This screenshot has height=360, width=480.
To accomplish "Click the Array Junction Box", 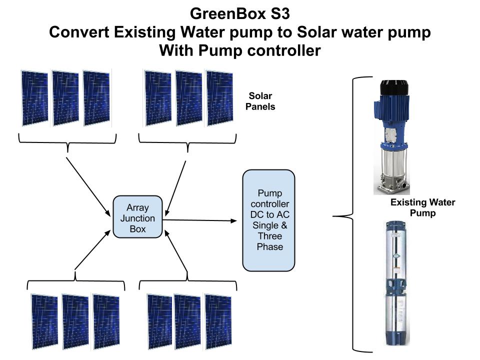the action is pyautogui.click(x=137, y=216).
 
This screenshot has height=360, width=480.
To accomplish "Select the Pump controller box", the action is pyautogui.click(x=269, y=220).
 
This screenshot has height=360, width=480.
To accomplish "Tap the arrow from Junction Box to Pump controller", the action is pyautogui.click(x=199, y=220).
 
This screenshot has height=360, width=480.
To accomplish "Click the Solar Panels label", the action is pyautogui.click(x=260, y=101).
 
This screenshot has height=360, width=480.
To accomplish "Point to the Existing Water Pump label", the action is pyautogui.click(x=423, y=207).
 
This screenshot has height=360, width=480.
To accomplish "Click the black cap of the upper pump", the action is pyautogui.click(x=394, y=88).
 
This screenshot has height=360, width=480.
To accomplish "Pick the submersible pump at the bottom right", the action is pyautogui.click(x=396, y=283).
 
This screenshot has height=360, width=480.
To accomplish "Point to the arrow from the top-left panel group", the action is pyautogui.click(x=88, y=186).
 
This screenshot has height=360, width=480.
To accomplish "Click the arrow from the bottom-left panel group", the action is pyautogui.click(x=92, y=250).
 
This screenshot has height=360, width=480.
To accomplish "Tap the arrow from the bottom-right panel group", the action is pyautogui.click(x=176, y=250).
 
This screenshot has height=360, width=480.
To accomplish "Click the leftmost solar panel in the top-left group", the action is pyautogui.click(x=35, y=98).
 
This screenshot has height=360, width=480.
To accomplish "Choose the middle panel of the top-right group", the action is pyautogui.click(x=189, y=98).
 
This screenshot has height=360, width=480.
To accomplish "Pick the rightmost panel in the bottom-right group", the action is pyautogui.click(x=218, y=321).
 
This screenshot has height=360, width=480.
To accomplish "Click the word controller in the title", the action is pyautogui.click(x=284, y=50).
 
